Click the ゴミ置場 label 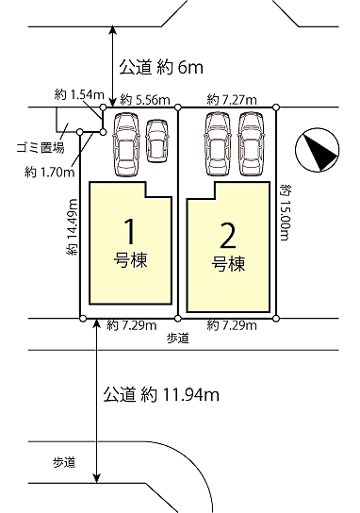[x=41, y=149]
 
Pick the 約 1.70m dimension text [x=45, y=172]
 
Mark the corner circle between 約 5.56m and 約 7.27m [x=177, y=108]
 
